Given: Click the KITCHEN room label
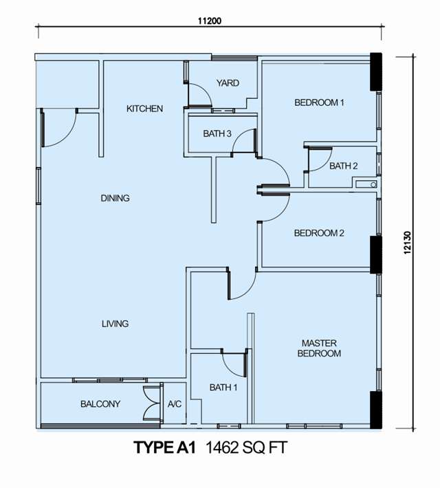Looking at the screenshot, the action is coord(144,109).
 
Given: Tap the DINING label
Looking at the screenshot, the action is coord(115,198).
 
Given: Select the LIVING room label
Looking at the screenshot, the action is coord(115,324).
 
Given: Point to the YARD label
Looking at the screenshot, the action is coord(228,83).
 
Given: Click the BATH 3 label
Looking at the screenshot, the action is coord(217,133).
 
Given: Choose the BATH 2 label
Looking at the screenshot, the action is coord(344,166).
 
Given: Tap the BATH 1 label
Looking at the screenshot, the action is coord(223,388).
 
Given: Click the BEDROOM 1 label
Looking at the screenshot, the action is coord(320,102).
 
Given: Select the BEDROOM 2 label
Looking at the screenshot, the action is coord(319,233).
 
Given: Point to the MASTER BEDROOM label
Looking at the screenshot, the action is coord(319,348).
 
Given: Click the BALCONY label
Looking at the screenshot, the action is coord(100,404).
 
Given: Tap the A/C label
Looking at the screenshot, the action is coord(175,404).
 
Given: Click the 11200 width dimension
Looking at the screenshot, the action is coord(210,21).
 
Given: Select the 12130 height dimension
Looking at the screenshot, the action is coord(408,243).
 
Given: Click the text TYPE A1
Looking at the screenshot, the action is coord(165,447).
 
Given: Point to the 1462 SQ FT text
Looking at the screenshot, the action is coord(246,448).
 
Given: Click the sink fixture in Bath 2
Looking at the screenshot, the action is coord(366,185).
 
